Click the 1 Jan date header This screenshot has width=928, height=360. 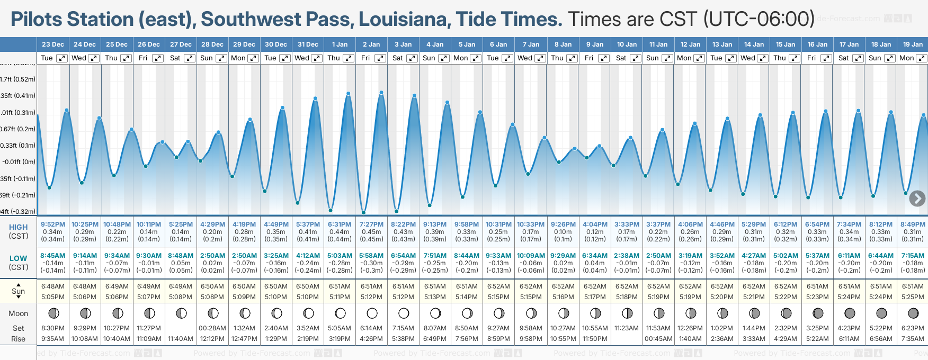pyautogui.click(x=340, y=44)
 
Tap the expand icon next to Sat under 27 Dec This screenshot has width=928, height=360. pyautogui.click(x=190, y=58)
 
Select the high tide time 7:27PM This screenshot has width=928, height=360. pyautogui.click(x=371, y=224)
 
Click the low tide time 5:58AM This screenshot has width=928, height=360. pyautogui.click(x=371, y=256)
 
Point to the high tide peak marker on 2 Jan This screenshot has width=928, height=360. pyautogui.click(x=381, y=93)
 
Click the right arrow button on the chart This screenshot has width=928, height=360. pyautogui.click(x=917, y=199)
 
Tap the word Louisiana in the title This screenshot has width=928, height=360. pyautogui.click(x=405, y=20)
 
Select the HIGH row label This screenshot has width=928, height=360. pyautogui.click(x=18, y=227)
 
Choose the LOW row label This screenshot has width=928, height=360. pyautogui.click(x=18, y=258)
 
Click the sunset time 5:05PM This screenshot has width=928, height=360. pyautogui.click(x=53, y=297)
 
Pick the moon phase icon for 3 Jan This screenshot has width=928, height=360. pyautogui.click(x=404, y=313)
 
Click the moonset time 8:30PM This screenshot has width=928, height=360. pyautogui.click(x=53, y=328)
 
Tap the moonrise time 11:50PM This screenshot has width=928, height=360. pyautogui.click(x=595, y=339)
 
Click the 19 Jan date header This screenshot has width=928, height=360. pyautogui.click(x=913, y=44)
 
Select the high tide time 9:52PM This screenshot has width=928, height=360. pyautogui.click(x=53, y=224)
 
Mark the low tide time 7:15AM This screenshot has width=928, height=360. pyautogui.click(x=913, y=256)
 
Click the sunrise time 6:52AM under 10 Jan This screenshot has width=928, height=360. pyautogui.click(x=627, y=286)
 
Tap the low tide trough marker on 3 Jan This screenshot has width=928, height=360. pyautogui.click(x=396, y=212)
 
